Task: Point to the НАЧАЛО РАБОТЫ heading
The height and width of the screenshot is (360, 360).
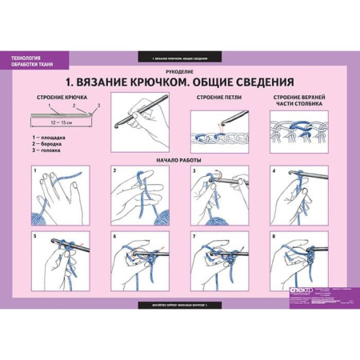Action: [x=179, y=160]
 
